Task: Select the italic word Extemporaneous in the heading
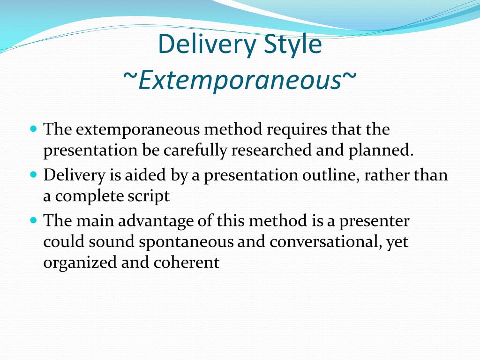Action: [x=240, y=80]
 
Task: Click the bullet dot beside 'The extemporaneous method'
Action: [x=34, y=128]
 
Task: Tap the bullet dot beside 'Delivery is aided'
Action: [x=34, y=174]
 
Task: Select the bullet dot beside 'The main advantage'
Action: [x=34, y=220]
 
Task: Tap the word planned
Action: [x=381, y=150]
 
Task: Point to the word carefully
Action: [x=195, y=150]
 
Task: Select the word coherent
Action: [x=187, y=262]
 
